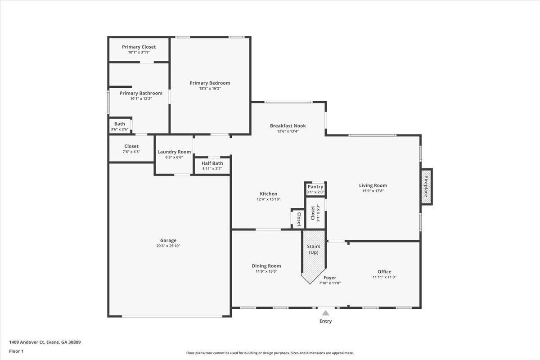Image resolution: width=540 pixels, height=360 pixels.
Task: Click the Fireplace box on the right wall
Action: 426,187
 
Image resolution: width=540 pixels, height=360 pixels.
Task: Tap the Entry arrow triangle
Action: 325,313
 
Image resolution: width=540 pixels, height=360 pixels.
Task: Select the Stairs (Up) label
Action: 313,249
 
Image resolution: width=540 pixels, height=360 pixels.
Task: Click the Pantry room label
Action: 315,187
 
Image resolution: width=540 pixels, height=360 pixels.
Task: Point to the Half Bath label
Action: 212,163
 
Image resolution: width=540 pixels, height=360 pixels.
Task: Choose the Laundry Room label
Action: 174,152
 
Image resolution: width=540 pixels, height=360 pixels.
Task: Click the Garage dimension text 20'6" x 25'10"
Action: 168,246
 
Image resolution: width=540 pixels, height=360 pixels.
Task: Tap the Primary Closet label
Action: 139,47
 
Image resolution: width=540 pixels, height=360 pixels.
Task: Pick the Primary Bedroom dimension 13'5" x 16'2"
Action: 210,89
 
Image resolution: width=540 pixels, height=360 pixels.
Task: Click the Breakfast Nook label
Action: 288,126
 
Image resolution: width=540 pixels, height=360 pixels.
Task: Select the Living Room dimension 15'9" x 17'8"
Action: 373,191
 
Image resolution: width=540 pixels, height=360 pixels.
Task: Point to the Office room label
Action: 384,272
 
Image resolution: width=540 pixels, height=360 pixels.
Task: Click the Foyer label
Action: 330,278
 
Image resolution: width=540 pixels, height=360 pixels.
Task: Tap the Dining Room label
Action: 266,266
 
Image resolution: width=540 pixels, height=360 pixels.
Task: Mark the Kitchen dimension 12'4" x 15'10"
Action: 269,199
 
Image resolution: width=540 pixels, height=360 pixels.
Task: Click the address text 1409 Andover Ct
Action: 27,342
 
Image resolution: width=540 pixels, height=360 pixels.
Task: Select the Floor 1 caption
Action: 16,351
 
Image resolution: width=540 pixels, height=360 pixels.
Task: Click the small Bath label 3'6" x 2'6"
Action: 120,124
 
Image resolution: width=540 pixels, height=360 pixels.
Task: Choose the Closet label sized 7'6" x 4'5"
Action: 131,146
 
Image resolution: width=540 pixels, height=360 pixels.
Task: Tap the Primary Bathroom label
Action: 141,93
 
